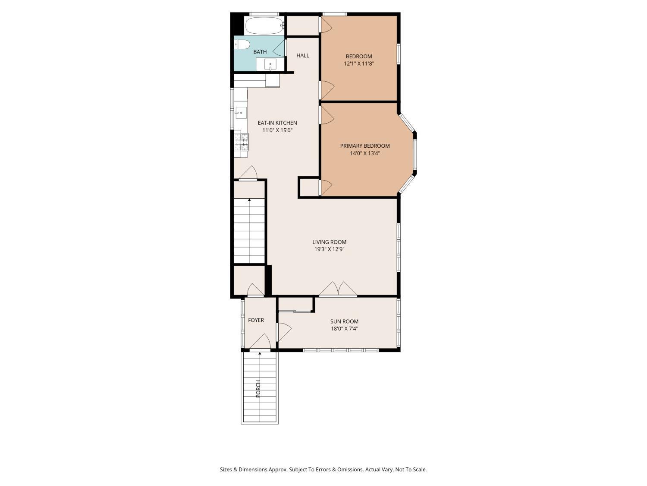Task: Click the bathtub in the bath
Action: coord(264,25)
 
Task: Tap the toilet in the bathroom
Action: coord(242,44)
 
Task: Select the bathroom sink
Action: coord(270,64)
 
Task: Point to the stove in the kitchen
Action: coord(242,142)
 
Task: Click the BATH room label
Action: coord(260,52)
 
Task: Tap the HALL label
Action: coord(303,55)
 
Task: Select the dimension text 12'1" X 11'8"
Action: coord(358,64)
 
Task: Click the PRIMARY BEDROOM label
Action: coord(364,146)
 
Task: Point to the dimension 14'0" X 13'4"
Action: coord(364,153)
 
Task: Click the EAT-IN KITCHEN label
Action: coord(277,123)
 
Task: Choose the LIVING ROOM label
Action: coord(329,242)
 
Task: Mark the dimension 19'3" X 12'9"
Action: coord(329,249)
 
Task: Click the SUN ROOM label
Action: coord(344,321)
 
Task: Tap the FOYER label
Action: coord(256,320)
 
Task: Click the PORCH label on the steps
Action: coord(258,389)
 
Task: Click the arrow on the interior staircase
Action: coord(249,200)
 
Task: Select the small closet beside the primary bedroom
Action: coord(309,187)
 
